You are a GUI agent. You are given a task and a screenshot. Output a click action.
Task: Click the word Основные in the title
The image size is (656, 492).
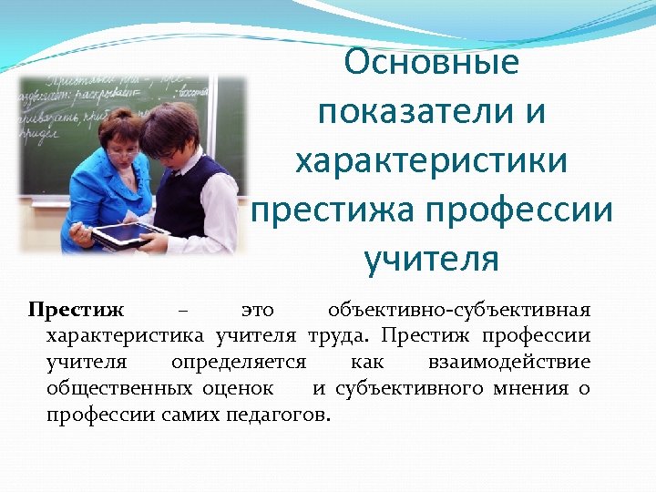[x=432, y=63]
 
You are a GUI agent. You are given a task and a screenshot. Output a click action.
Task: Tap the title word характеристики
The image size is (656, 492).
[x=431, y=162]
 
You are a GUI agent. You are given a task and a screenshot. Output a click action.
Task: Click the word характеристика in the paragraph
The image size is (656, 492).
[x=127, y=335]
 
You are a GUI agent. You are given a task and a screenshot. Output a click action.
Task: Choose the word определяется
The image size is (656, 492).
[x=239, y=362]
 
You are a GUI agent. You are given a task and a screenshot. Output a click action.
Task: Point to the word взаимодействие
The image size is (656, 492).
[x=507, y=362]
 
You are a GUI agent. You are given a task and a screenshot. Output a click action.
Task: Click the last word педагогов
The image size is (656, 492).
[x=284, y=415]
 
